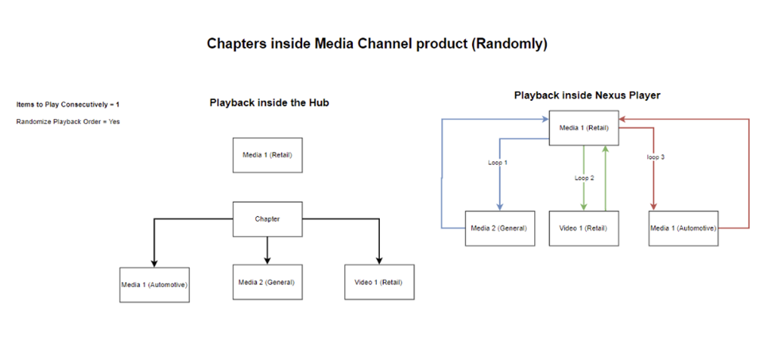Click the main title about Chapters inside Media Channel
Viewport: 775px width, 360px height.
tap(377, 44)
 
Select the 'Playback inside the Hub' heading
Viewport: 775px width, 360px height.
tap(269, 103)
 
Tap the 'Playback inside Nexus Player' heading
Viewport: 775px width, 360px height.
tap(587, 95)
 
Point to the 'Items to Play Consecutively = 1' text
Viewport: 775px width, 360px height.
tap(68, 104)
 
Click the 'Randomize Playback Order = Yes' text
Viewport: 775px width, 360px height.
tap(68, 122)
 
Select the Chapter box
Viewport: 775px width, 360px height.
tap(267, 219)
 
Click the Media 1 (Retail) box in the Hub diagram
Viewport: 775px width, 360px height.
tap(267, 155)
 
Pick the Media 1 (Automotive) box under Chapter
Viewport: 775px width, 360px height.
tap(154, 285)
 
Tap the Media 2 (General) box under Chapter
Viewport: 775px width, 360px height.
tap(267, 282)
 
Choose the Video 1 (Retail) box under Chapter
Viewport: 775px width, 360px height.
tap(379, 282)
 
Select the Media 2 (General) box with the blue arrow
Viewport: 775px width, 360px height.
tap(499, 228)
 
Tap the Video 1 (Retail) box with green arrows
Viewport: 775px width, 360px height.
tap(584, 228)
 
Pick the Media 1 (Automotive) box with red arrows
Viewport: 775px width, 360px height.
tap(684, 228)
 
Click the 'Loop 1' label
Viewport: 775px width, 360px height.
tap(498, 162)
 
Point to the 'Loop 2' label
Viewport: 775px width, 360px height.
tap(583, 178)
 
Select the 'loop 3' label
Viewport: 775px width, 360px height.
tap(655, 157)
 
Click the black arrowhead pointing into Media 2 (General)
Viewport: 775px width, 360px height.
tap(267, 260)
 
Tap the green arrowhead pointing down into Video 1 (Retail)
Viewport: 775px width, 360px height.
tap(584, 207)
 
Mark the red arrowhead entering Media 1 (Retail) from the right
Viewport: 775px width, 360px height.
tap(623, 119)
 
